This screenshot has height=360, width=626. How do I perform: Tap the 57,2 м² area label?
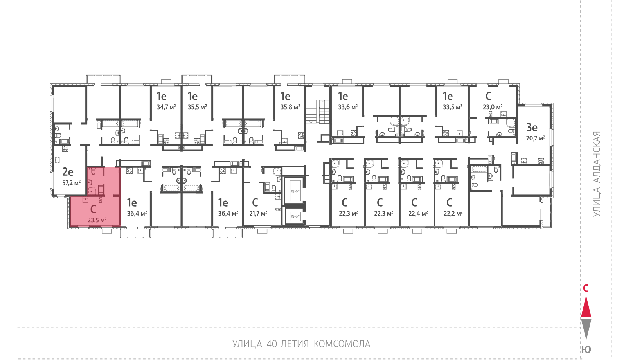[x=72, y=183]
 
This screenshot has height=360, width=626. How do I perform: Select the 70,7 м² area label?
[x=536, y=138]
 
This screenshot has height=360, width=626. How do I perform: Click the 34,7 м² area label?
[x=166, y=107]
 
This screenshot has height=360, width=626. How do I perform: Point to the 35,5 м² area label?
[x=197, y=107]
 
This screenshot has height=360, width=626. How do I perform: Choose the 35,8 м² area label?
[x=290, y=107]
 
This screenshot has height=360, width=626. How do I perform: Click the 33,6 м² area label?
[x=348, y=107]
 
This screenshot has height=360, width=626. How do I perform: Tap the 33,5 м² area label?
[x=452, y=107]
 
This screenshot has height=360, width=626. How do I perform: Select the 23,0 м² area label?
[x=493, y=107]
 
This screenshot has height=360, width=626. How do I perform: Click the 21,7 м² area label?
[x=258, y=213]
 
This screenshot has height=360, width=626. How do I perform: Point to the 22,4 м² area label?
[x=418, y=213]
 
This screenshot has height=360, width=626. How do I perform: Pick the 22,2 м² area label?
[x=453, y=213]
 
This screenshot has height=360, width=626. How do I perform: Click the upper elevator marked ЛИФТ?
[x=295, y=191]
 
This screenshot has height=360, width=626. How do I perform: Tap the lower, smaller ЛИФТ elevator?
[x=295, y=216]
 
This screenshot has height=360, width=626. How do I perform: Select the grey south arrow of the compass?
[x=586, y=329]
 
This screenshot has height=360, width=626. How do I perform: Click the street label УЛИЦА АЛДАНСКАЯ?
[x=597, y=174]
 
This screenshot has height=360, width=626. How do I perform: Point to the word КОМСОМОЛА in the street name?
[x=342, y=344]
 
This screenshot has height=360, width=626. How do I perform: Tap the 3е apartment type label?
[x=532, y=128]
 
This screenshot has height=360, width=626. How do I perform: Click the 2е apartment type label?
[x=68, y=172]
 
